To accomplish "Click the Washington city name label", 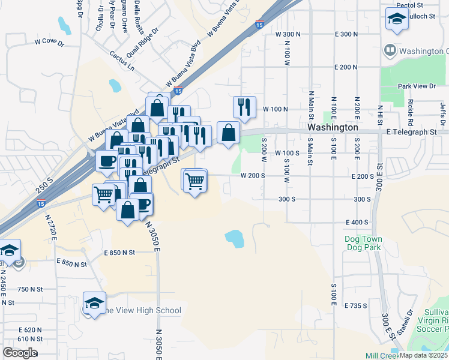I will [333, 128].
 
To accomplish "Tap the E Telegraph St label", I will [413, 131].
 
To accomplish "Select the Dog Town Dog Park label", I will [364, 242].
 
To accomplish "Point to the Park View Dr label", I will [417, 86].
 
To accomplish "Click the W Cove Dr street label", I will [50, 42].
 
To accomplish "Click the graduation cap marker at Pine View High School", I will [94, 304].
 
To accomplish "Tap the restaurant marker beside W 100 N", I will [244, 107].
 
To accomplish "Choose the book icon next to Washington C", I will [390, 50].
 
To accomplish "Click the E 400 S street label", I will [357, 222].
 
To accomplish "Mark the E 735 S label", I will [356, 305].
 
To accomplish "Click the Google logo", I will [20, 352].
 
